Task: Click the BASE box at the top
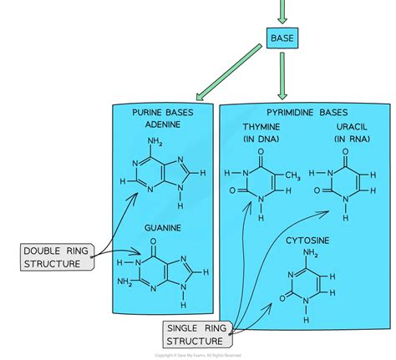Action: coord(281,38)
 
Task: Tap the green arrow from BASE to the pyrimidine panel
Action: coord(281,76)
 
